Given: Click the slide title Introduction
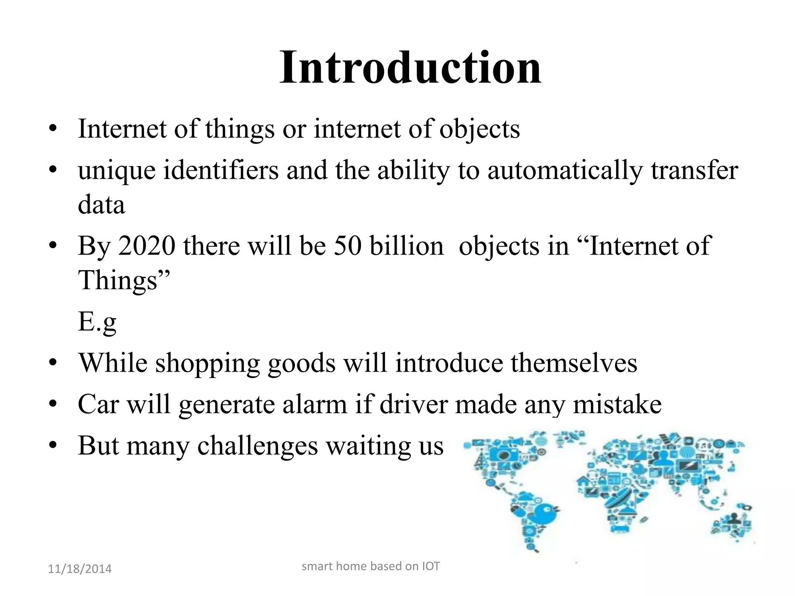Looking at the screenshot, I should [410, 68].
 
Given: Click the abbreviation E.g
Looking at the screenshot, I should [97, 322].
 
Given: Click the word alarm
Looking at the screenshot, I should [314, 404].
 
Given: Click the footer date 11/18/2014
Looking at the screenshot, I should [80, 569].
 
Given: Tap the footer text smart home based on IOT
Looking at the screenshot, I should [371, 566].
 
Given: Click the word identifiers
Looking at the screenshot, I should [221, 171].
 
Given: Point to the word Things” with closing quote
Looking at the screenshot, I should [124, 280].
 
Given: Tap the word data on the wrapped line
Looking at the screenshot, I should [101, 205].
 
